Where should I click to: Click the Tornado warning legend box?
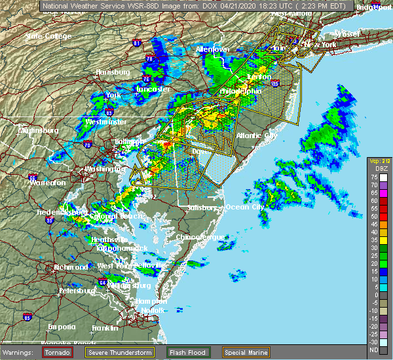click(x=59, y=352)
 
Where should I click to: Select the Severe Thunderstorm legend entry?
click(x=122, y=352)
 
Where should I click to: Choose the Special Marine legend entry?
click(x=245, y=352)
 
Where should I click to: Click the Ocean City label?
click(x=244, y=207)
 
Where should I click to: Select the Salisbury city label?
click(x=201, y=207)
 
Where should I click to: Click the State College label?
click(x=48, y=36)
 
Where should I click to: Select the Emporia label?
click(x=61, y=327)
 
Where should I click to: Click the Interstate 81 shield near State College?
click(x=136, y=43)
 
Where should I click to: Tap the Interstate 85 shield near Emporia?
click(x=27, y=317)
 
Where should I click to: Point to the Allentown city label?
click(x=212, y=49)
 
